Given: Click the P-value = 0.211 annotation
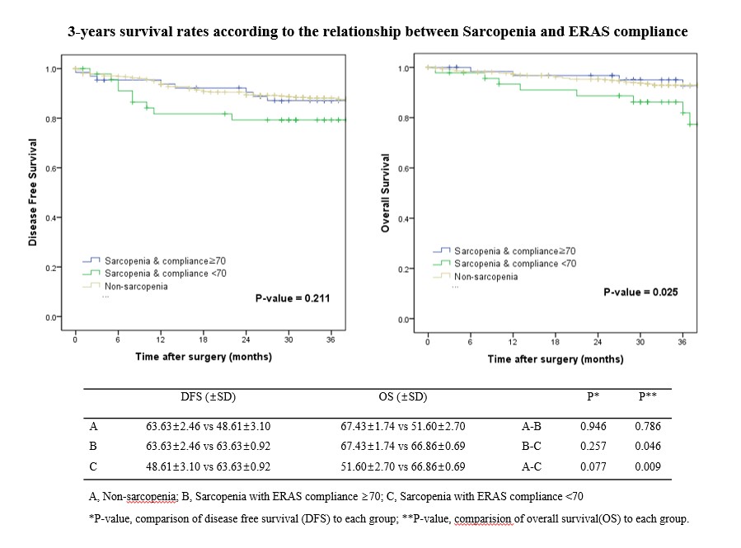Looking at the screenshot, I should (293, 297).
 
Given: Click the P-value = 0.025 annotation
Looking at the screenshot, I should (640, 292).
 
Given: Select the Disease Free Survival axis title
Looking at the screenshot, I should (32, 192).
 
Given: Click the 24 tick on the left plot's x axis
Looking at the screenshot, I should (245, 340).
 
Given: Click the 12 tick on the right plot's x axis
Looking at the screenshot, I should (513, 341).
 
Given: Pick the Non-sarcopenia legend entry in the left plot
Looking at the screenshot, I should (135, 286).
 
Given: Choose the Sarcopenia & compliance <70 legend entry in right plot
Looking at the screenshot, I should (515, 263).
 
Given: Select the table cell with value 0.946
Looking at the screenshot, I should (592, 426).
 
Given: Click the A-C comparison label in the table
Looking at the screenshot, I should (532, 466).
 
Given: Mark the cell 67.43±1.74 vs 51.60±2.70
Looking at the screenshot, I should (402, 426).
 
